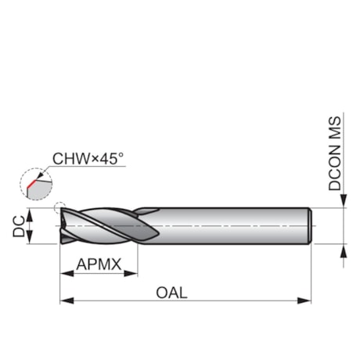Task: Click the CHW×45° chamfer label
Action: (x=88, y=159)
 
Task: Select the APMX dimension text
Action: (x=99, y=265)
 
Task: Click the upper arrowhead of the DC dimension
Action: (x=31, y=214)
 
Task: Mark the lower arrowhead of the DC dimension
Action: (x=31, y=238)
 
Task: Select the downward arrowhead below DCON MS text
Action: (x=344, y=203)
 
